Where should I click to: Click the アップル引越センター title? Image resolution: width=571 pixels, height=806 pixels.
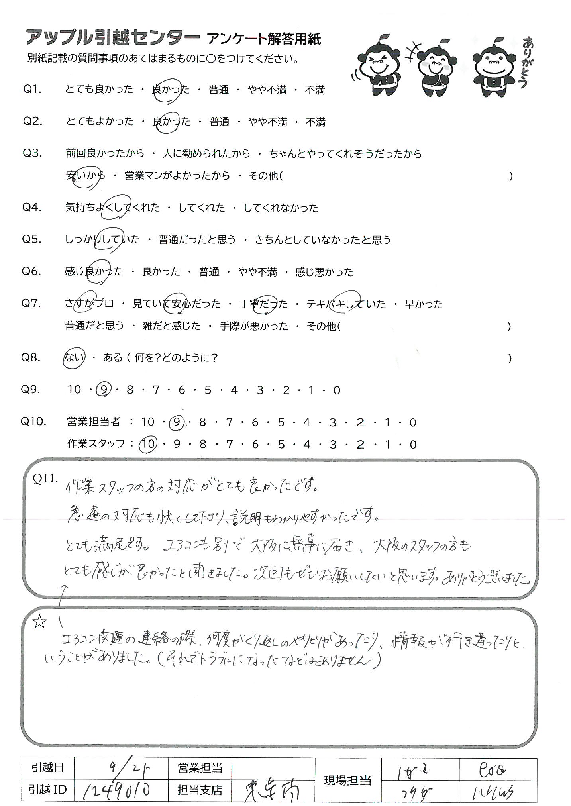[112, 38]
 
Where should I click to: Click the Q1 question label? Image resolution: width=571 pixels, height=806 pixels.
[32, 89]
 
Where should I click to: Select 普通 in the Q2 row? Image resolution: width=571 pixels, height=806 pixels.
[220, 122]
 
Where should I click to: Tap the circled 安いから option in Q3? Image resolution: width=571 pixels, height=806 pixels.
[86, 176]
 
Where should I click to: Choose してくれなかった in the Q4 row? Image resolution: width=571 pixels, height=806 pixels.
[281, 208]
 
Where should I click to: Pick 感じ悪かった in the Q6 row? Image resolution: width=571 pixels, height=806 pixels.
[324, 273]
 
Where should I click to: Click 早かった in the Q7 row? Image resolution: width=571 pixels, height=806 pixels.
[424, 304]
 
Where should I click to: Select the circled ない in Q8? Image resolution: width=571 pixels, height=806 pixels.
[74, 358]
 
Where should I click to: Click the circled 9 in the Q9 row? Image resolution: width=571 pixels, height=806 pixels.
[103, 390]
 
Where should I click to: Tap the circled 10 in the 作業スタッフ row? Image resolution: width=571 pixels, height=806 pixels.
[148, 444]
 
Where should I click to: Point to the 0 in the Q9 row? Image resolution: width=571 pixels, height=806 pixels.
[337, 390]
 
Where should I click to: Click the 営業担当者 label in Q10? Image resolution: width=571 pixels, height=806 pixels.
[94, 422]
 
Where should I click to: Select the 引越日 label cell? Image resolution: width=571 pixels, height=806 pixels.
[47, 767]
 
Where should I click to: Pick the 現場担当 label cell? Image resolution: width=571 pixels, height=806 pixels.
[348, 779]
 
